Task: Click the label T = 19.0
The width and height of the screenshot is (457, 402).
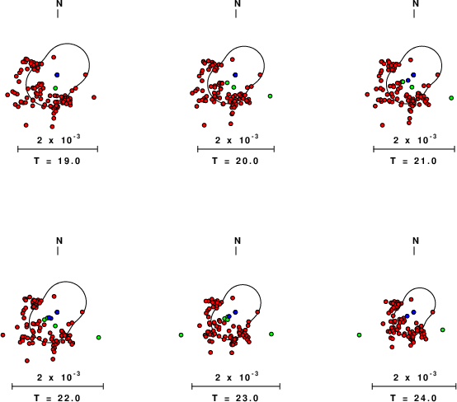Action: click(x=57, y=161)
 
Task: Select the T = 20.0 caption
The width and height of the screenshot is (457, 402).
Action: click(x=235, y=161)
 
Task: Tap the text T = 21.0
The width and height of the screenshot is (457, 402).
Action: click(x=414, y=161)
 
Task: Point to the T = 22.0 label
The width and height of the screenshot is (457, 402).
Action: click(x=57, y=398)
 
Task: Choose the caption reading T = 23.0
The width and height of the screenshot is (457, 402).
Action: click(x=235, y=398)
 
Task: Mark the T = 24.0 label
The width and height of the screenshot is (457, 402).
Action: click(x=414, y=398)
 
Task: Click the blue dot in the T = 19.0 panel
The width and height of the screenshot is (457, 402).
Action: click(x=57, y=75)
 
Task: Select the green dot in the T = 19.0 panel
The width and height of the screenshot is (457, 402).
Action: click(x=55, y=88)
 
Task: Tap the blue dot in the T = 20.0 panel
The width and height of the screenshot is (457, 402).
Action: click(x=235, y=75)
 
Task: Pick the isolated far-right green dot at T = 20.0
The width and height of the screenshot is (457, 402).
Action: click(x=271, y=96)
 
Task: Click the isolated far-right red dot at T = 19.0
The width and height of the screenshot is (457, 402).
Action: click(x=94, y=97)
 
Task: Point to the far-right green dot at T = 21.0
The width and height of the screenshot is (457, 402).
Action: click(x=451, y=98)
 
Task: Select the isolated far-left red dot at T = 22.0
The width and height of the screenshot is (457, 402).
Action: click(x=3, y=335)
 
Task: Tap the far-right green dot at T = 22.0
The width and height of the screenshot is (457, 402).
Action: click(x=99, y=338)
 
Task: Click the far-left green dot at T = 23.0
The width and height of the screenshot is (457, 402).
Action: click(x=181, y=335)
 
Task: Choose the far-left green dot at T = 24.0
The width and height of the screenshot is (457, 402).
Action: click(x=359, y=335)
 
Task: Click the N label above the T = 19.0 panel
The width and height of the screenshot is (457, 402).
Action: click(x=59, y=3)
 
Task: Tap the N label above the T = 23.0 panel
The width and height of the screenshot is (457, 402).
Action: click(x=238, y=241)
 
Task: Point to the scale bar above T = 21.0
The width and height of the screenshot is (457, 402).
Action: click(x=414, y=149)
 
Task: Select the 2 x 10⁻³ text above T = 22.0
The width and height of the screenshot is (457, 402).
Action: click(x=59, y=376)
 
